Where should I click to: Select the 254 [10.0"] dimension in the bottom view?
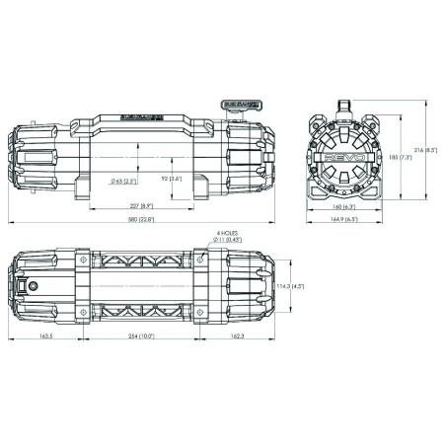click(138, 335)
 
